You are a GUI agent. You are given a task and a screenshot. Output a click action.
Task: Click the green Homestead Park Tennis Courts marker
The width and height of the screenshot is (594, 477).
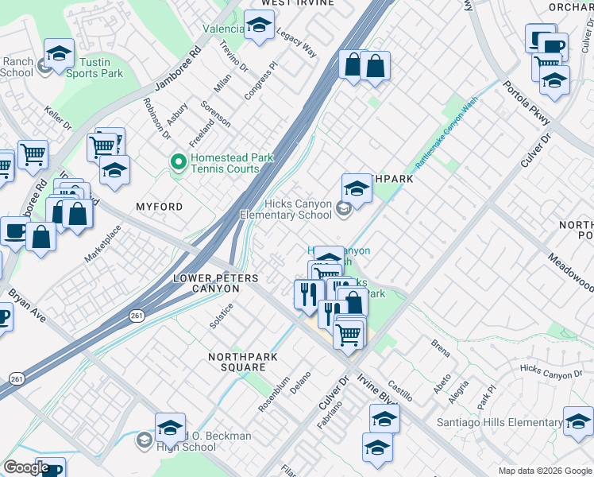tap(178, 163)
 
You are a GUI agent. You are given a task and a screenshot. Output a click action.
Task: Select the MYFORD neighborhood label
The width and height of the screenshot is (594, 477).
tap(159, 207)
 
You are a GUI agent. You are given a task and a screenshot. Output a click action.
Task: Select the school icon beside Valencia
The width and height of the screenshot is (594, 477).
tap(258, 26)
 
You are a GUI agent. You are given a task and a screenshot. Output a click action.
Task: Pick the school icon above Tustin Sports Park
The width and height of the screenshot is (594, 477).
tap(59, 53)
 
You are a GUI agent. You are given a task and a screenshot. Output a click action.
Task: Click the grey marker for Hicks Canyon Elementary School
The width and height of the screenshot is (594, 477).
tap(343, 209)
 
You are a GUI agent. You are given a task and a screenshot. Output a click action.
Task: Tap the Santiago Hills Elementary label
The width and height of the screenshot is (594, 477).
tap(499, 423)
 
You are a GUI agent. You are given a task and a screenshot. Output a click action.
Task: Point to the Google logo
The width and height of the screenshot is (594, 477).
tap(26, 467)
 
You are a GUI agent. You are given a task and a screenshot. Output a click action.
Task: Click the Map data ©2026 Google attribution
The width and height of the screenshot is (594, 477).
tap(544, 471)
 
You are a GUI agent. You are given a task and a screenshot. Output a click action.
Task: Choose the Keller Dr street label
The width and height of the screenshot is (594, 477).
tap(58, 120)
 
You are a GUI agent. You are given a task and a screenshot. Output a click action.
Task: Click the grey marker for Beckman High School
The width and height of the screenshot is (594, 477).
tap(144, 440)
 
